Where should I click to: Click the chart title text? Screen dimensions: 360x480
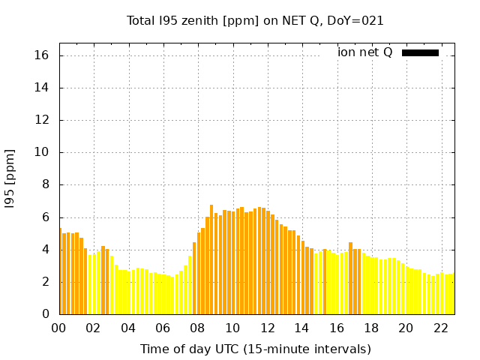(x=255, y=21)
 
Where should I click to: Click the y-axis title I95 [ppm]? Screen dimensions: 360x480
(x=10, y=178)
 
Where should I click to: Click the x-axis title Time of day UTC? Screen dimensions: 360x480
(x=255, y=349)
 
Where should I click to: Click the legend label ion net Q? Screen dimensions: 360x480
(x=364, y=52)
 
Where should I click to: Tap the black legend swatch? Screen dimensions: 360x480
(x=420, y=52)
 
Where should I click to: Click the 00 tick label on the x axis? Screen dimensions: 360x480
(x=59, y=328)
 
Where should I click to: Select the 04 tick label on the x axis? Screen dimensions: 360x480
(x=128, y=328)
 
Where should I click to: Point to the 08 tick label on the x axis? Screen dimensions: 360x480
(x=198, y=328)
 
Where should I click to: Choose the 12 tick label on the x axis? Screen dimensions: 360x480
(x=267, y=328)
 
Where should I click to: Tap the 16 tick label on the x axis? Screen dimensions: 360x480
(x=337, y=328)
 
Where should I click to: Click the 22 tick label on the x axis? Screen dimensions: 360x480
(x=440, y=328)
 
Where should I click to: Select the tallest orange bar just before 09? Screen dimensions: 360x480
(x=211, y=259)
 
